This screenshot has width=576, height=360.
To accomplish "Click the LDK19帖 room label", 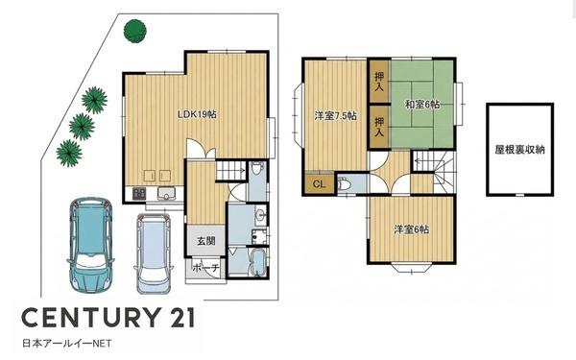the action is tap(197, 114).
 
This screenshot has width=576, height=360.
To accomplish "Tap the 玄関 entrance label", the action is tap(205, 241).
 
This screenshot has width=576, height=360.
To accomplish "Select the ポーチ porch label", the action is tap(205, 268).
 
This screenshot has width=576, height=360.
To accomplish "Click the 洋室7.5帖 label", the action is tap(335, 116).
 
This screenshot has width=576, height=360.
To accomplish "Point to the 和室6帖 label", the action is tap(422, 105).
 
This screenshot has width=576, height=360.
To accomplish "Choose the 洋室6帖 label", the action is tap(412, 229).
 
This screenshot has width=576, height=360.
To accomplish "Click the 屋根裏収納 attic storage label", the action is tap(519, 150).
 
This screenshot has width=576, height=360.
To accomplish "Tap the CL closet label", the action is tap(320, 184).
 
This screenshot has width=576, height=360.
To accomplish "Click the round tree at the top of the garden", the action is tap(135, 31).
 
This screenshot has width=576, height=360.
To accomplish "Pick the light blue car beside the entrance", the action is tap(154, 253).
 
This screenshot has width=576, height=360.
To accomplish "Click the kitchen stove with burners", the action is tap(139, 193).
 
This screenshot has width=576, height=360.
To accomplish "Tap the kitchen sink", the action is tap(167, 193).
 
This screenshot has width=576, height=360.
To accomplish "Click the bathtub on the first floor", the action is tap(258, 262).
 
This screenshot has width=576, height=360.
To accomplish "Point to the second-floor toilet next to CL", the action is tap(343, 183).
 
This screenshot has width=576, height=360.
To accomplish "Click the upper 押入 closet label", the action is tap(379, 82).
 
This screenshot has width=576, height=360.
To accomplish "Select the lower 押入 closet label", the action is tap(379, 127).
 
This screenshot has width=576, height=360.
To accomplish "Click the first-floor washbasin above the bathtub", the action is tap(260, 214).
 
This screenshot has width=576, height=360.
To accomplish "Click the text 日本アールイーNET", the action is tap(67, 344).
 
